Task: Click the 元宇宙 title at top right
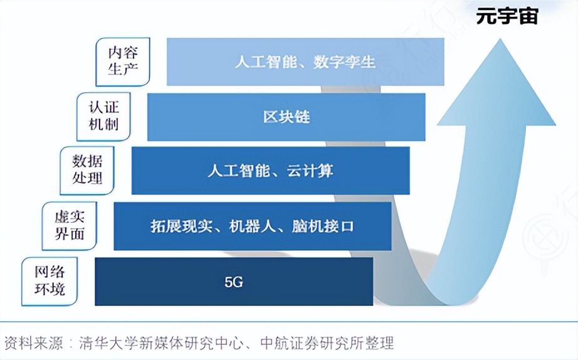[x=507, y=15]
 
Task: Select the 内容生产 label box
[x=123, y=61]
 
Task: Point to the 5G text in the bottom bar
[x=233, y=282]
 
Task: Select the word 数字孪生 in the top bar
[x=345, y=62]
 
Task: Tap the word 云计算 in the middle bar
[x=317, y=171]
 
